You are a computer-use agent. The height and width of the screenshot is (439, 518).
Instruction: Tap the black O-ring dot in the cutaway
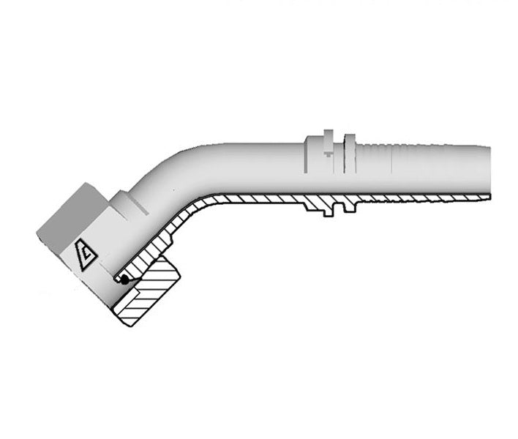coord(125,279)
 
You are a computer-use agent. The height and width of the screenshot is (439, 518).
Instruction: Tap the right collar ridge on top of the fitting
coord(349,142)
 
